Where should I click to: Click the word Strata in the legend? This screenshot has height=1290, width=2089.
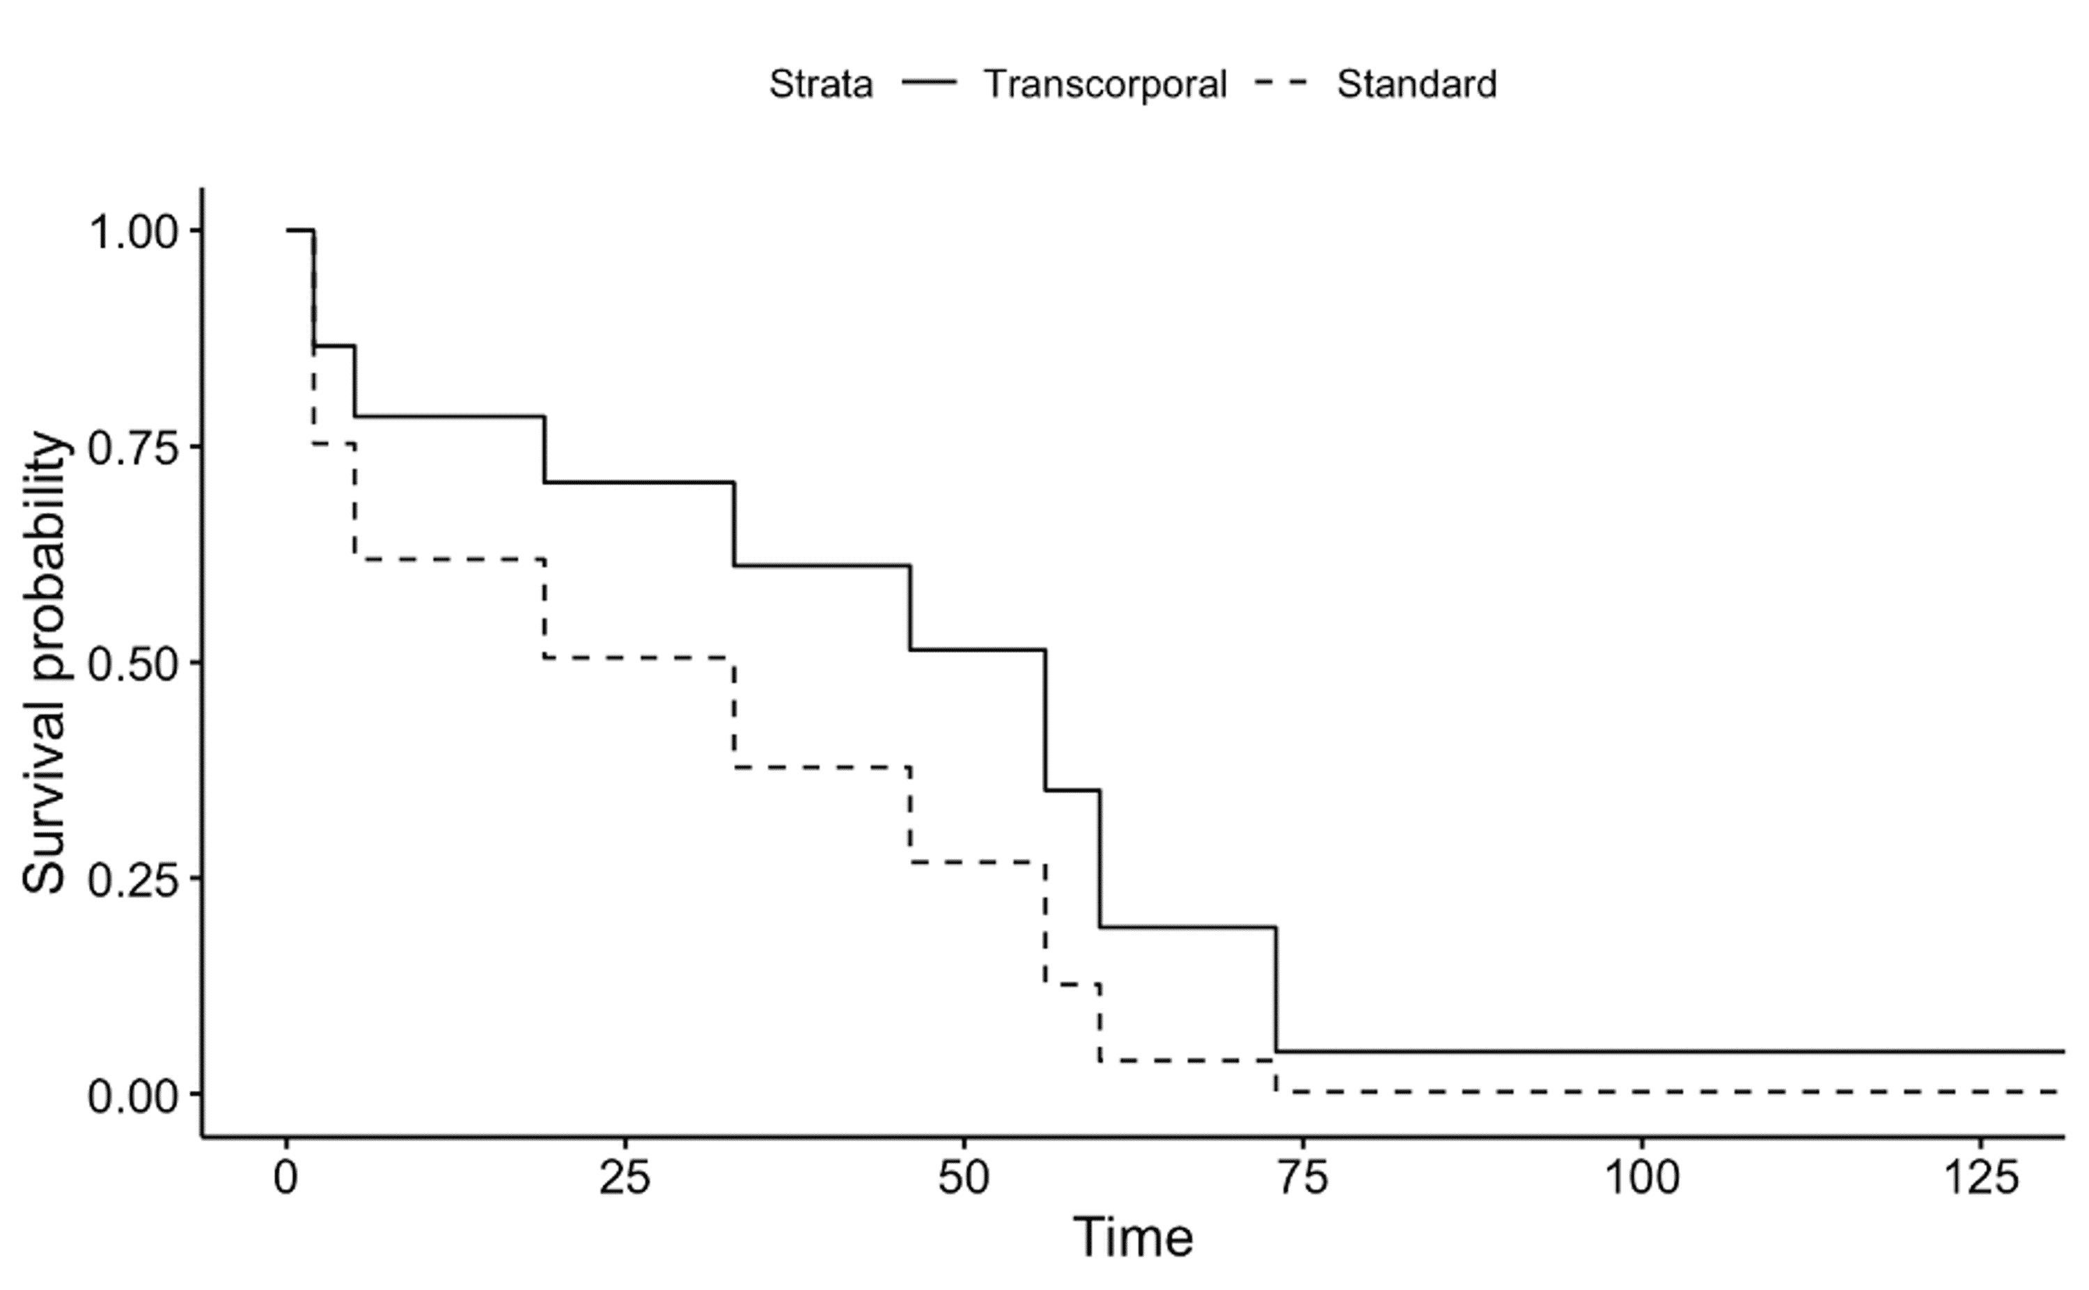tap(820, 84)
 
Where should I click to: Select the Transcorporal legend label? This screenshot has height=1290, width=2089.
tap(1105, 84)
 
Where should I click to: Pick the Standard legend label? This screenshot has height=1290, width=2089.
tap(1416, 84)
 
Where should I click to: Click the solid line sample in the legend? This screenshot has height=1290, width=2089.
tap(930, 83)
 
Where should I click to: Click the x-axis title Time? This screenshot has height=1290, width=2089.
tap(1132, 1238)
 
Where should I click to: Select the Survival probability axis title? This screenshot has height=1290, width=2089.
tap(45, 663)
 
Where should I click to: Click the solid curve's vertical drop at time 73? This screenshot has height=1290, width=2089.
tap(1276, 990)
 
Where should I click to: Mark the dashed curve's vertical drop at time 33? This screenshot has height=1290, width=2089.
tap(734, 712)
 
